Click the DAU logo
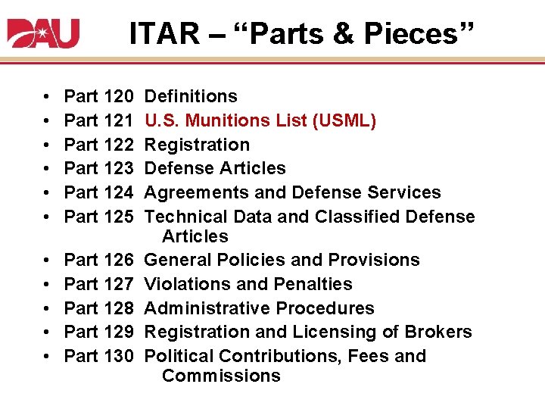[43, 33]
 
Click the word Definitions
[190, 96]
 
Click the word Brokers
[438, 332]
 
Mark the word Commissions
[221, 376]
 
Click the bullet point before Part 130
[48, 356]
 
